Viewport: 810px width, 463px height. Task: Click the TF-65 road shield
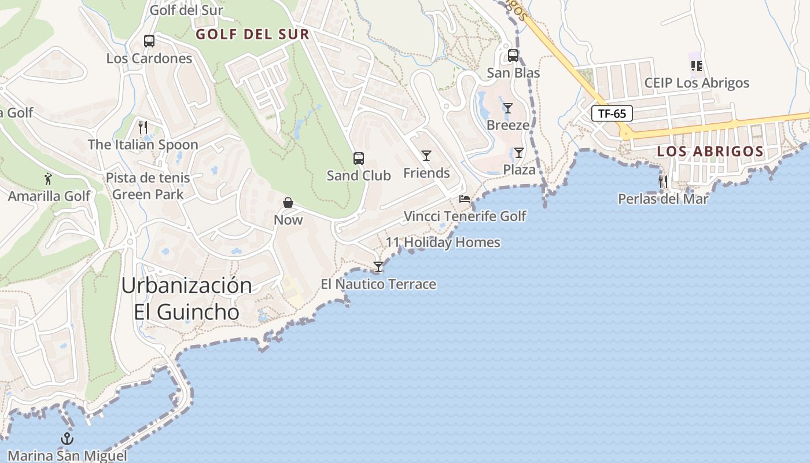pyautogui.click(x=612, y=113)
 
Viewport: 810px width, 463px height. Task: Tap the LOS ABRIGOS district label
pyautogui.click(x=710, y=152)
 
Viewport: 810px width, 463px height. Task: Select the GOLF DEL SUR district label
pyautogui.click(x=252, y=34)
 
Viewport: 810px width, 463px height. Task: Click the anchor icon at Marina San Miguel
pyautogui.click(x=67, y=438)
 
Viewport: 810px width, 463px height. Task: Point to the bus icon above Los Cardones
pyautogui.click(x=149, y=41)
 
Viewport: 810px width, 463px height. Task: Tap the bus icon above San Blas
pyautogui.click(x=513, y=56)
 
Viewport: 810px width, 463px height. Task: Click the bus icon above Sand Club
pyautogui.click(x=359, y=159)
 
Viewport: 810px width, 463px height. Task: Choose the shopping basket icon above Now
pyautogui.click(x=288, y=203)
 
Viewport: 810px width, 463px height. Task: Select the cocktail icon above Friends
pyautogui.click(x=426, y=156)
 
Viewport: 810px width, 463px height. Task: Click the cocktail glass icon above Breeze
pyautogui.click(x=508, y=108)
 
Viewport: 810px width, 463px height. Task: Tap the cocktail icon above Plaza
pyautogui.click(x=519, y=153)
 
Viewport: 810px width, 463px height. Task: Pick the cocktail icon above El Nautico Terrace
pyautogui.click(x=378, y=267)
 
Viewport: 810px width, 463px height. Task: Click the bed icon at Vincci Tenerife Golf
pyautogui.click(x=465, y=200)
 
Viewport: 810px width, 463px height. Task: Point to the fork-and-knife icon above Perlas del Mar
pyautogui.click(x=663, y=182)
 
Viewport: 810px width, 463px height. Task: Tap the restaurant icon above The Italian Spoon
pyautogui.click(x=143, y=127)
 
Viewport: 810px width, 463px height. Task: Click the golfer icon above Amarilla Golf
pyautogui.click(x=49, y=179)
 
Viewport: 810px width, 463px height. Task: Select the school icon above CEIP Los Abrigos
pyautogui.click(x=697, y=66)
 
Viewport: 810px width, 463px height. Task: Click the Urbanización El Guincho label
pyautogui.click(x=186, y=299)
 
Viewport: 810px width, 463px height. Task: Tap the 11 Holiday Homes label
pyautogui.click(x=443, y=242)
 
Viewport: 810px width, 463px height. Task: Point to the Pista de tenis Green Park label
pyautogui.click(x=148, y=186)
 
